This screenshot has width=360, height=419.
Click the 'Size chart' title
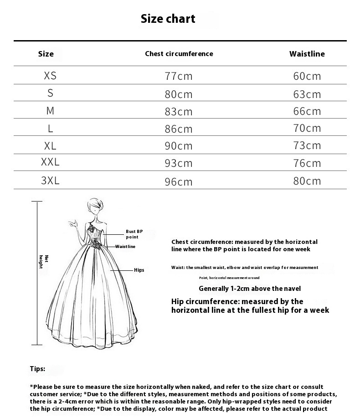point(168,19)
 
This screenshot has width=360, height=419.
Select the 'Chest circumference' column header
point(179,54)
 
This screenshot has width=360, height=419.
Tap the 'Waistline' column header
point(307,54)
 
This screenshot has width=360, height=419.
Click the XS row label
point(50,76)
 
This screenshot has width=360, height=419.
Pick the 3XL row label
point(50,181)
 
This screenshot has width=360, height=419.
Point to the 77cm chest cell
point(179,76)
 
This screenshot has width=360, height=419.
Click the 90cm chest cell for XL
point(179,146)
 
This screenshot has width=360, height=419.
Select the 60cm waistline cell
point(307,76)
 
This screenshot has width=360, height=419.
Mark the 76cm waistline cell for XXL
point(307,163)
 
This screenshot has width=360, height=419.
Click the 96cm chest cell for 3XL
point(179,182)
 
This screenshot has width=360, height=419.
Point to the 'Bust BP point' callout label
point(134,234)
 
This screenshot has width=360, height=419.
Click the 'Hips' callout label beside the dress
point(139,270)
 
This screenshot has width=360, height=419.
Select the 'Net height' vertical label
point(43,262)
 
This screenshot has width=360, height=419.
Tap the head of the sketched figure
point(95,207)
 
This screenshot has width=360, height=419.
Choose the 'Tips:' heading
point(37,369)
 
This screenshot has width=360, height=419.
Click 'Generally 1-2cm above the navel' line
point(250,289)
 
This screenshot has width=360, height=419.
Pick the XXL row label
point(50,162)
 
